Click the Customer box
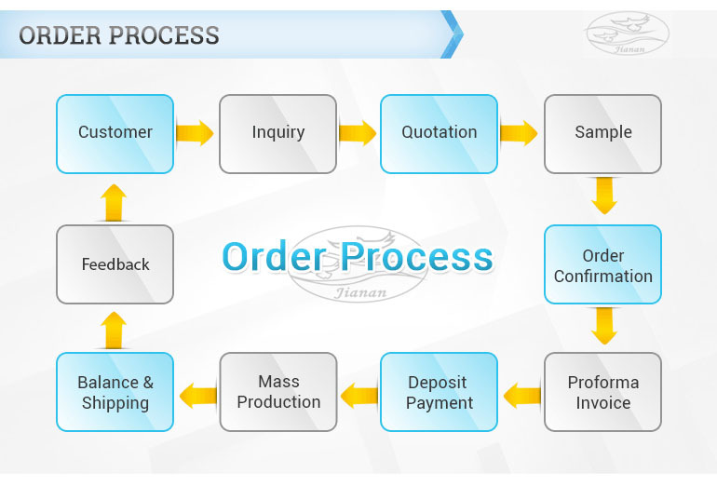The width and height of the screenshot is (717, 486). [115, 133]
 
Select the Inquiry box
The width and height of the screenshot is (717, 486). [277, 133]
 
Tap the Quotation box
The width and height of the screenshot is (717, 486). [439, 133]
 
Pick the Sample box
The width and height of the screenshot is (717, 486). [602, 133]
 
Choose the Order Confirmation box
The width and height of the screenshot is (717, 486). [602, 265]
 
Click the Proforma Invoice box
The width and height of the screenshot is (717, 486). [602, 392]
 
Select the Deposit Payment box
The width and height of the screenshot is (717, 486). [439, 392]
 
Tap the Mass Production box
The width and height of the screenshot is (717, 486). [277, 392]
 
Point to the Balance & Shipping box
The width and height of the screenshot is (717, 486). [115, 392]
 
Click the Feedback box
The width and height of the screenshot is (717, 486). [115, 264]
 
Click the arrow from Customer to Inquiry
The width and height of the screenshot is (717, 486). [195, 133]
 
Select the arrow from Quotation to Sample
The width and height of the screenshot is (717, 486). [519, 133]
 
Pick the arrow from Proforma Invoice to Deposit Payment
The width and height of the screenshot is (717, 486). [521, 395]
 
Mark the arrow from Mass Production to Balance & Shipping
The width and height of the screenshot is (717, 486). [197, 395]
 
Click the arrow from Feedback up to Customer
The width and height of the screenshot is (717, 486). [114, 202]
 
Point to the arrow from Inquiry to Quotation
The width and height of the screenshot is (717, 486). [358, 133]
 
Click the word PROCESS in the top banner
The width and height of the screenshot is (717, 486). [165, 35]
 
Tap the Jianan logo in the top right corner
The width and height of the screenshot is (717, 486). [626, 34]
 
